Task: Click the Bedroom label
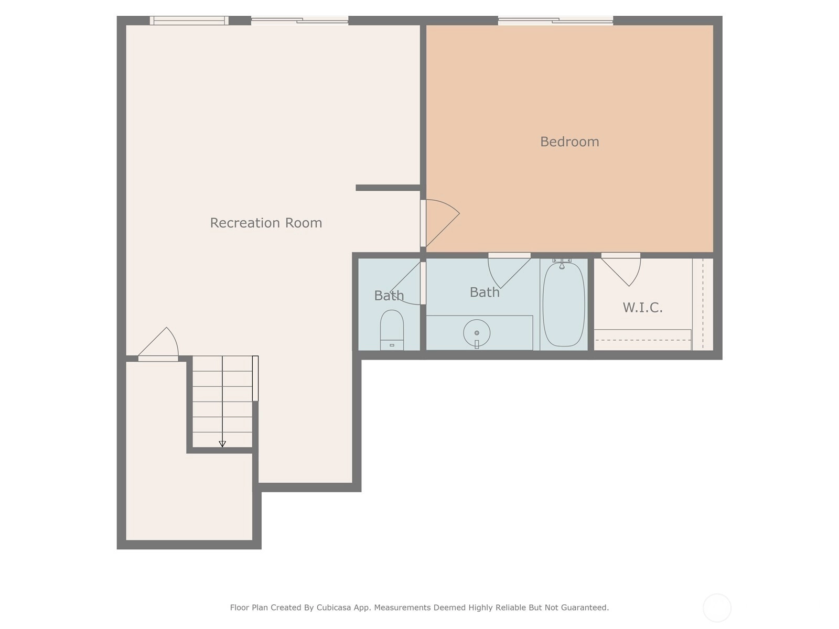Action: pos(569,142)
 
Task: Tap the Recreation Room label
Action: pos(266,223)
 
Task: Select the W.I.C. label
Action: pos(642,307)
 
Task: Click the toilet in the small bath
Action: pos(392,330)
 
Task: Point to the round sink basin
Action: pos(477,333)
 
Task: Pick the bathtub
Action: pos(564,305)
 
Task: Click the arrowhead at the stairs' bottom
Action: pos(222,444)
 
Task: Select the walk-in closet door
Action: pos(621,269)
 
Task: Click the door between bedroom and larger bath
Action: pos(509,270)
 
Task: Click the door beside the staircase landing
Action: pos(158,344)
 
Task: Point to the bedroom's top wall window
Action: pos(555,20)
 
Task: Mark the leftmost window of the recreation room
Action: pos(189,20)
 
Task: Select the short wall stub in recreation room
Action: pos(388,188)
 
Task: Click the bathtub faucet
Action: pos(562,264)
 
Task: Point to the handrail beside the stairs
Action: pos(255,378)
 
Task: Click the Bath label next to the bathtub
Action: pos(485,292)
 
